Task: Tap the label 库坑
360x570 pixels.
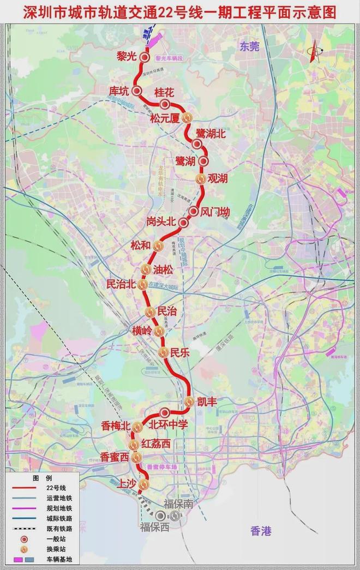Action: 119,91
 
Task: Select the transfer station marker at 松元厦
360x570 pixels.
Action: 187,117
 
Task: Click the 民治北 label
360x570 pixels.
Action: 120,285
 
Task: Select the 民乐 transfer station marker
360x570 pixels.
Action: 163,352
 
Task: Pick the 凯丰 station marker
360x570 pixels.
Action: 189,401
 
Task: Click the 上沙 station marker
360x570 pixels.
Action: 143,484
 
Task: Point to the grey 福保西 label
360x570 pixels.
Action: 154,527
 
